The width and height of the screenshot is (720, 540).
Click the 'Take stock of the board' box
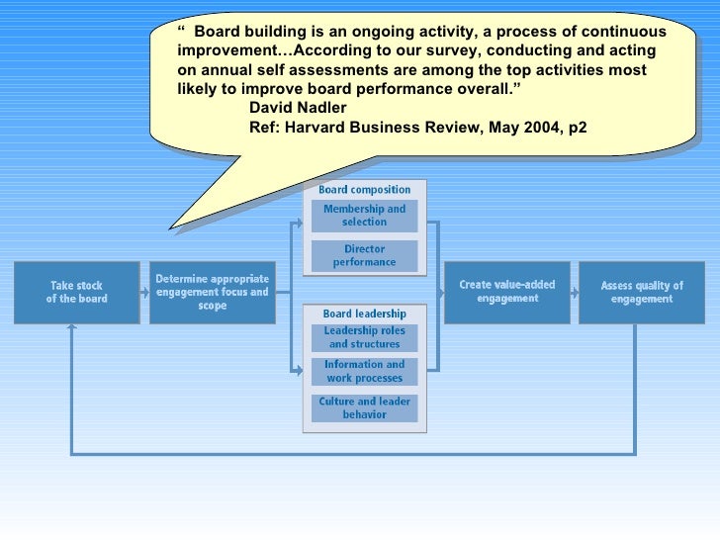(x=77, y=292)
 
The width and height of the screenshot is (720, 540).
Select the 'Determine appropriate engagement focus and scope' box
(x=213, y=292)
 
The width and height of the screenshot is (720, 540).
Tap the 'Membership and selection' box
(x=365, y=216)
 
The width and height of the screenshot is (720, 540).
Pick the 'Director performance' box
(x=365, y=256)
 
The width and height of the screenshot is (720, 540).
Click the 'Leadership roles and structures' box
(x=365, y=337)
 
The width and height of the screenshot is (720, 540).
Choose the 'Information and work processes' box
(x=365, y=371)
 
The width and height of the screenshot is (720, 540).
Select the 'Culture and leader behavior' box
(x=365, y=407)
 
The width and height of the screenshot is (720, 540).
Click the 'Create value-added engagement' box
(x=507, y=292)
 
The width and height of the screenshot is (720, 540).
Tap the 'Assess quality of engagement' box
(x=642, y=292)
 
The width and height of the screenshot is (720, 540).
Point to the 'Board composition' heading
(x=364, y=189)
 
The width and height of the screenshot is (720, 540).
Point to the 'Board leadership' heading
(x=364, y=314)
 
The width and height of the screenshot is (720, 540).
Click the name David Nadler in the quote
(x=298, y=108)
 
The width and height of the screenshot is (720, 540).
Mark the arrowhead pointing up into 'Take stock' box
(x=71, y=329)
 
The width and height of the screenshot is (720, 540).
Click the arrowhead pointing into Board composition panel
(x=298, y=223)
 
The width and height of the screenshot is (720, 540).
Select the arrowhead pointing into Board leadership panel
(x=298, y=370)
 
